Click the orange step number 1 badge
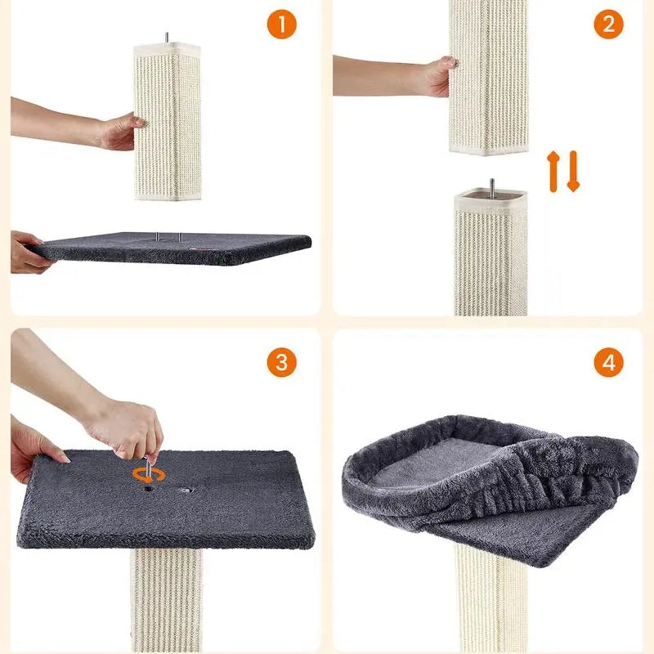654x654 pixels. [281, 25]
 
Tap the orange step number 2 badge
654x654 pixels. [608, 25]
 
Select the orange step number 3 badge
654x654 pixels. [281, 362]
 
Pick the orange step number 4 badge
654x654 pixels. [608, 362]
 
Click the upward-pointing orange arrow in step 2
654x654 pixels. [553, 172]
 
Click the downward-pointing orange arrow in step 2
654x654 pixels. [574, 172]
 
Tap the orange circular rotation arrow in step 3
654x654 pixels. [149, 475]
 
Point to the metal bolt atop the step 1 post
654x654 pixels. [167, 37]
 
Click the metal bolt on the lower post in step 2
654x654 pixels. [492, 188]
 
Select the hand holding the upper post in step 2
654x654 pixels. [439, 76]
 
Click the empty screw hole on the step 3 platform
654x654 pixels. [186, 490]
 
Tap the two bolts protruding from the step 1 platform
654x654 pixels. [169, 237]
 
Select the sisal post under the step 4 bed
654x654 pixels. [491, 598]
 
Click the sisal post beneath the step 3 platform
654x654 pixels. [167, 601]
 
